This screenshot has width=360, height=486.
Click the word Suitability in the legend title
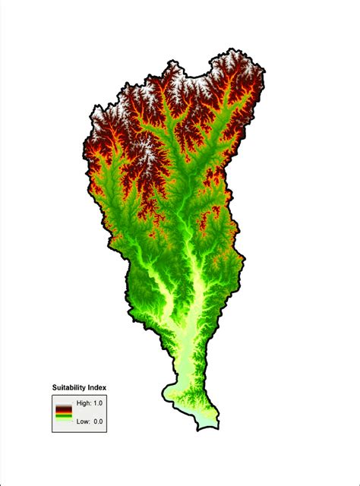point(70,387)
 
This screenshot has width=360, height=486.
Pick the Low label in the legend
point(82,420)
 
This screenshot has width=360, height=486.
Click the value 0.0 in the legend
point(97,420)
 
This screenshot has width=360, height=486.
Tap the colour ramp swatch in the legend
point(63,412)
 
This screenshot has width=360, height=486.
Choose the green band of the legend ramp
point(63,417)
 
